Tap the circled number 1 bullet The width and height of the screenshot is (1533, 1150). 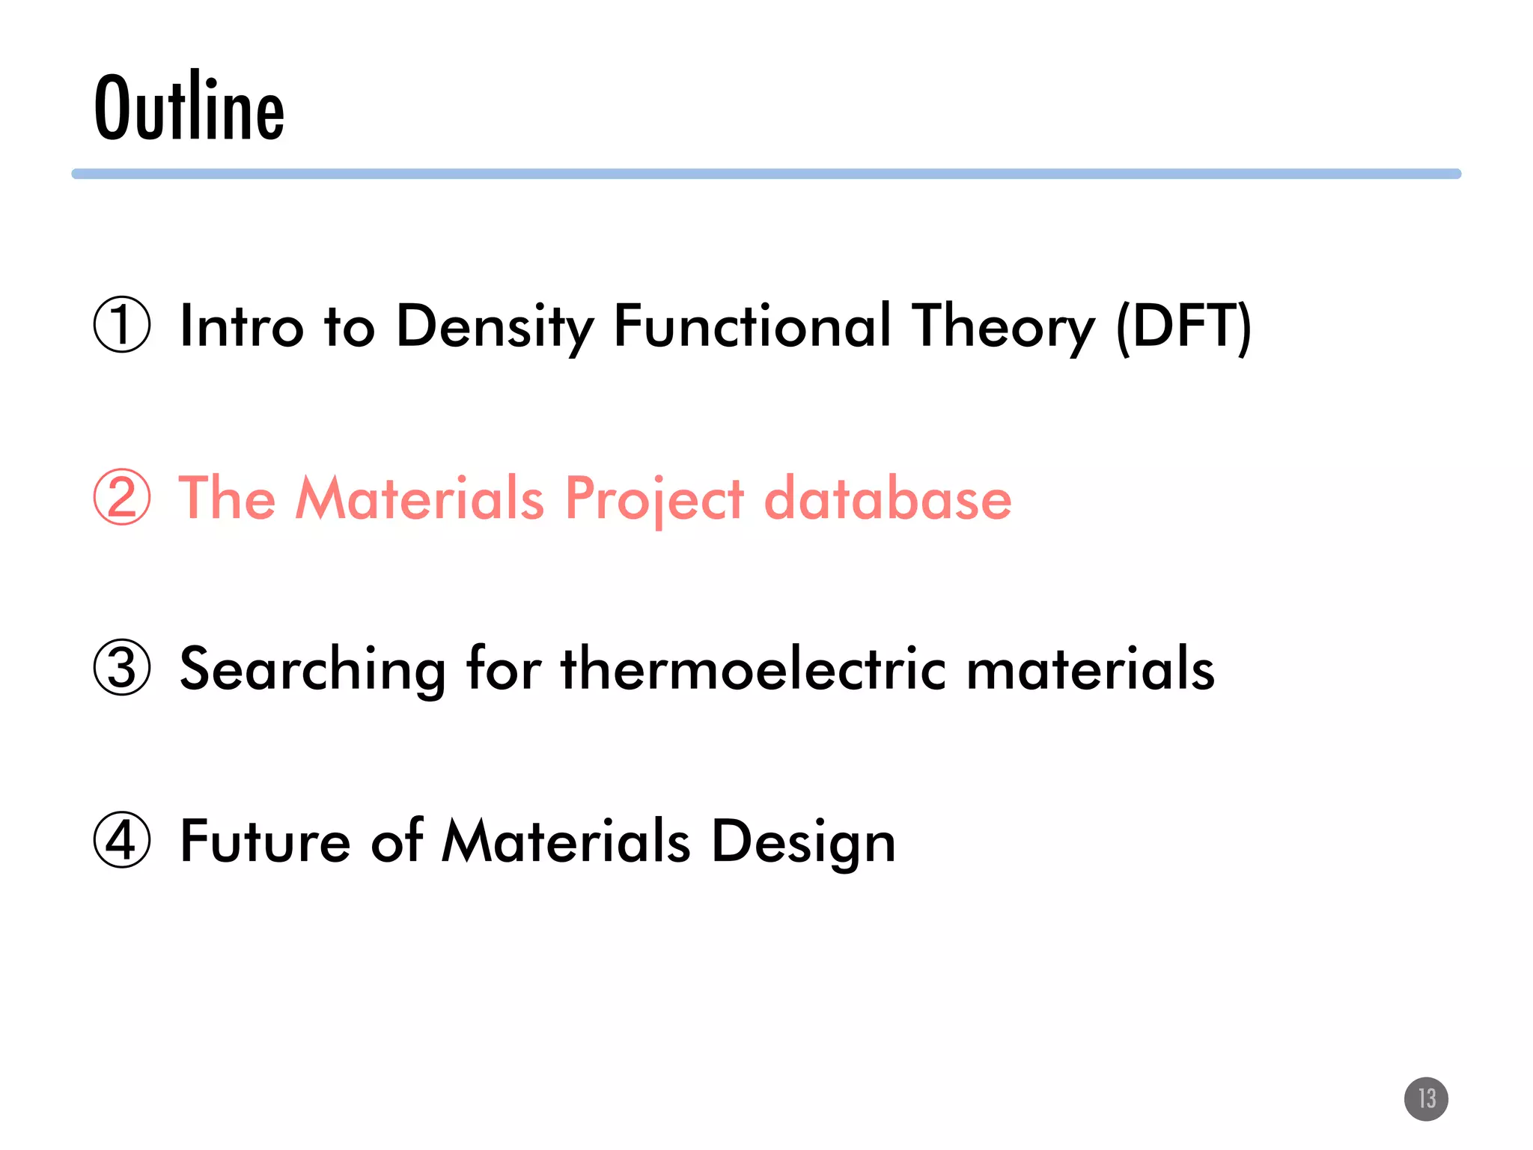coord(122,325)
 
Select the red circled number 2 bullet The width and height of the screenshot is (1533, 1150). coord(122,496)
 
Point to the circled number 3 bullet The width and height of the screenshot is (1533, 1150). coord(122,667)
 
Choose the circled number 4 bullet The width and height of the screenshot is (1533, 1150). coord(122,839)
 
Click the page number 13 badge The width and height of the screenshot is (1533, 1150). coord(1426,1098)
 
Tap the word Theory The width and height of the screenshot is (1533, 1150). coord(1003,326)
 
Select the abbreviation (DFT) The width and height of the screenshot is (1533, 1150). coord(1183,326)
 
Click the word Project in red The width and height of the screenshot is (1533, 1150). coord(654,498)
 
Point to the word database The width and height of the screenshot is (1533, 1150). coord(888,498)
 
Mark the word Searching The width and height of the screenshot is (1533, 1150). coord(313,669)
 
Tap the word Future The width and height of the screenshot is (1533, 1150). coord(265,841)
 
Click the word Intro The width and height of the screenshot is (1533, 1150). coord(241,326)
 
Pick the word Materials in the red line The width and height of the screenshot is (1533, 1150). coord(420,498)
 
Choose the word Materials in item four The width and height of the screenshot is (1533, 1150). coord(566,841)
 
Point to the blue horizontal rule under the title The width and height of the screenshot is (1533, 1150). coord(766,174)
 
